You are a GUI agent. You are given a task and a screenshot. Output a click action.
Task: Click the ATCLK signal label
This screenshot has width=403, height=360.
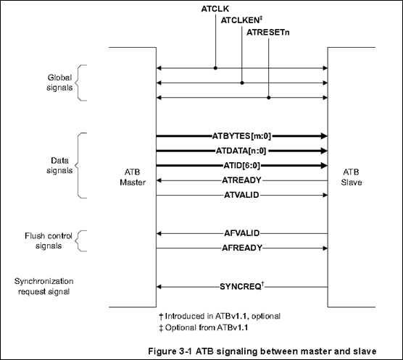(x=215, y=9)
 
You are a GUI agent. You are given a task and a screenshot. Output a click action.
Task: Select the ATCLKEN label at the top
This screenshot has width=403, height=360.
(x=240, y=20)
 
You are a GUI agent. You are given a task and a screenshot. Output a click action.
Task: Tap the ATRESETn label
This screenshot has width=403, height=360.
(x=267, y=33)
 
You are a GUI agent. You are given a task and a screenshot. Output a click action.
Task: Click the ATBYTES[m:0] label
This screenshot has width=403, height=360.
(x=241, y=136)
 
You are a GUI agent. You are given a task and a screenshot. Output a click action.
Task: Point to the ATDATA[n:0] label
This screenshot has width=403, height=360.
(x=241, y=151)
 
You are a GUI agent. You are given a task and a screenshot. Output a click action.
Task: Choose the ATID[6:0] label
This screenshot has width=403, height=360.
(x=242, y=166)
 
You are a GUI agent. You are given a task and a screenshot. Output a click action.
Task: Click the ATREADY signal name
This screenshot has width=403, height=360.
(x=241, y=180)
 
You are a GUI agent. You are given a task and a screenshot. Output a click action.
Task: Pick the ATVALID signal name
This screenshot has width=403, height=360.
(x=241, y=195)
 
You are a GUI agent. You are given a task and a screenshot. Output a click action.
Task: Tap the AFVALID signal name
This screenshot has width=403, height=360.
(x=242, y=233)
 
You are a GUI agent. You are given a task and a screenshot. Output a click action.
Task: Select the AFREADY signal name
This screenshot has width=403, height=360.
(x=242, y=248)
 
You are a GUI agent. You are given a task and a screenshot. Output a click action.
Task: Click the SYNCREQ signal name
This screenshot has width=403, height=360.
(x=241, y=287)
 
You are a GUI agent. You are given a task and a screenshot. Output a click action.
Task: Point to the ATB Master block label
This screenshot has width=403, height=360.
(x=133, y=177)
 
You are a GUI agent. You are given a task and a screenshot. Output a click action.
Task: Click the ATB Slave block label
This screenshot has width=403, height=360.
(x=352, y=177)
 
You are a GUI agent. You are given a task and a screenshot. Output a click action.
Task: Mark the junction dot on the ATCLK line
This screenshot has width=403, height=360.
(x=215, y=68)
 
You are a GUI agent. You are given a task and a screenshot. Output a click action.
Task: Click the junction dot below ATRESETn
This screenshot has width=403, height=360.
(x=269, y=98)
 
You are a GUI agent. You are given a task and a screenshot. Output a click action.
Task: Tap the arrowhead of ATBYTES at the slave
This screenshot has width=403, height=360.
(x=324, y=136)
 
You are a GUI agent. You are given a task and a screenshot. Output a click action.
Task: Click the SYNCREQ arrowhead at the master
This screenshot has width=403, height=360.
(x=159, y=287)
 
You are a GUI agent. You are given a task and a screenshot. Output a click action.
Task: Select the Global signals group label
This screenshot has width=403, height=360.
(x=59, y=83)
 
